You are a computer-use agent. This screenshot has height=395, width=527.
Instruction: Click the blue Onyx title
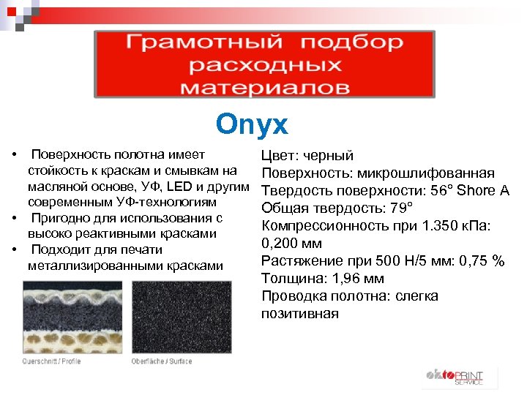[252, 124]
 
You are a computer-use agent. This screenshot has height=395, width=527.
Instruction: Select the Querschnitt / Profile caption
[51, 361]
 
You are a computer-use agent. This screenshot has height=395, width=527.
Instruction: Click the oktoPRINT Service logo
[454, 376]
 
